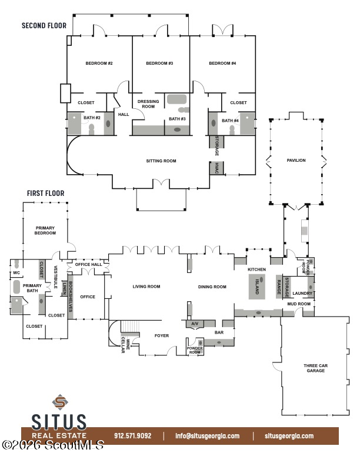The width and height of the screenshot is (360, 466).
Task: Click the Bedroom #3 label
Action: (159, 64)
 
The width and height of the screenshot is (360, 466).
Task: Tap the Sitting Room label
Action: (161, 161)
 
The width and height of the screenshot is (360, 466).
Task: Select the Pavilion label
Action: (296, 160)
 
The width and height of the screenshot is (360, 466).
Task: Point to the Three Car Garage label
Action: (315, 368)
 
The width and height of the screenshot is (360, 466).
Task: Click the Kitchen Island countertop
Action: (257, 287)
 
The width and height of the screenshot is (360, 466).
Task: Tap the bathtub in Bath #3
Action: (176, 99)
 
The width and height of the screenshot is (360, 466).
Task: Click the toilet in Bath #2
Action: (92, 129)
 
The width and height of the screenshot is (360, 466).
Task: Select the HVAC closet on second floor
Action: (216, 168)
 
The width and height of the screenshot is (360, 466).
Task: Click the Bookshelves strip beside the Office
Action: (71, 297)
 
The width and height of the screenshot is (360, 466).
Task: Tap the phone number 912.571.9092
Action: (133, 436)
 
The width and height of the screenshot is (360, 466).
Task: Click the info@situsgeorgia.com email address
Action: (207, 436)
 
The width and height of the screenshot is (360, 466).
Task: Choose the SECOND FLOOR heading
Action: (44, 25)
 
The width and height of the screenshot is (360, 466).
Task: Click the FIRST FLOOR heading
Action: (46, 193)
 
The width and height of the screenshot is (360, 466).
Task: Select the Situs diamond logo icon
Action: (60, 402)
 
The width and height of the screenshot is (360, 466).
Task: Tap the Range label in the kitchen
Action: (279, 287)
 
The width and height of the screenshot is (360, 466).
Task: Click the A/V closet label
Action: (195, 324)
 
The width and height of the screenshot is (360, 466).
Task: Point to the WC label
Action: (16, 273)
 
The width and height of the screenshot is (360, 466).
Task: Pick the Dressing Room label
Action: (148, 104)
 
